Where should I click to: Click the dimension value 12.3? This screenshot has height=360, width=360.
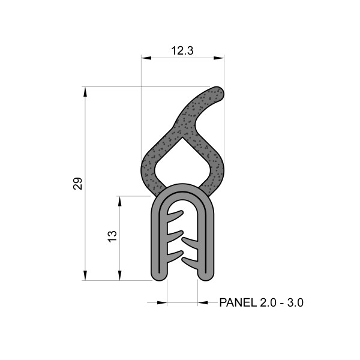click(x=182, y=51)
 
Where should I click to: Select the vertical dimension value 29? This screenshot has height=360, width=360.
click(x=77, y=184)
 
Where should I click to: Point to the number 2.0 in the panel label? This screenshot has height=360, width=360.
click(x=269, y=303)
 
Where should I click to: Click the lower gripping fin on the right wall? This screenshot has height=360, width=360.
click(x=191, y=262)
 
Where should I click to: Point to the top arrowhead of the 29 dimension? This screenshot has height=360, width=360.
click(x=85, y=92)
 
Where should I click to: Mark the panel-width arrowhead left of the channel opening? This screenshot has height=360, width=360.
click(x=162, y=303)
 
